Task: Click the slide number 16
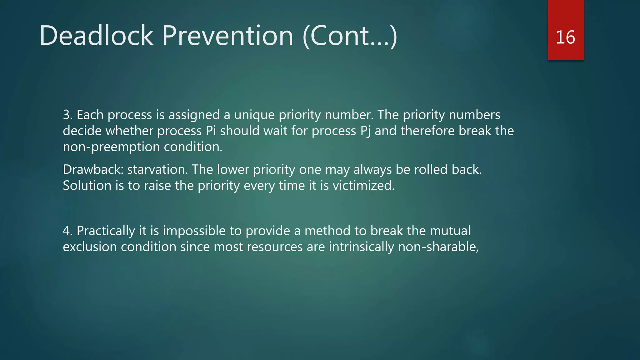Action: pos(565,37)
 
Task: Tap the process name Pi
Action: pos(211,131)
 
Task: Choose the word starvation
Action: pos(157,170)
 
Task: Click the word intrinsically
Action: pos(361,247)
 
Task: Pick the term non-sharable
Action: pos(438,247)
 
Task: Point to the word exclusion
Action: pos(90,247)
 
